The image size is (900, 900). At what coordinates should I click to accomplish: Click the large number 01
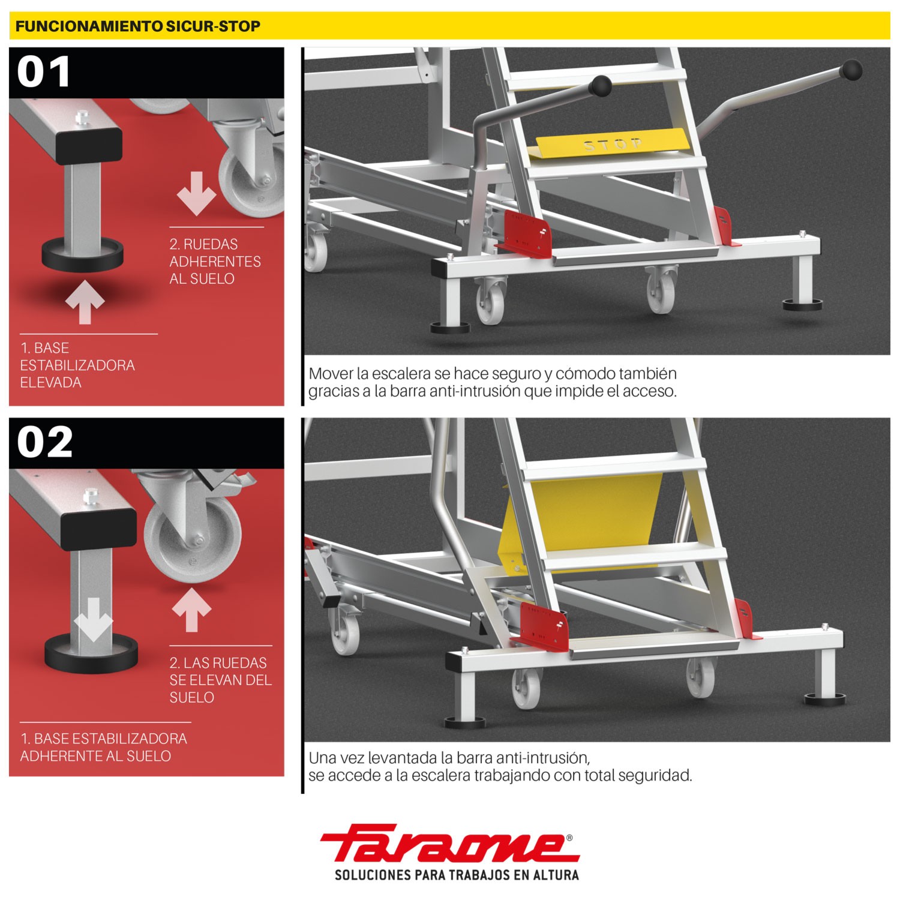click(44, 72)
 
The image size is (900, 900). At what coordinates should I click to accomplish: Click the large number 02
click(45, 442)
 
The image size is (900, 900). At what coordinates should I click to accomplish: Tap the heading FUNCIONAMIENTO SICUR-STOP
click(137, 26)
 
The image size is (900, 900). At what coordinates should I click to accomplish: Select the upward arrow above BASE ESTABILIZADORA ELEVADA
click(85, 300)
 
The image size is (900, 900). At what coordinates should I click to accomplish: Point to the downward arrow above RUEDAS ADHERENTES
click(197, 193)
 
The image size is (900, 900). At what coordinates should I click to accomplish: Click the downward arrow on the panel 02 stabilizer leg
click(94, 619)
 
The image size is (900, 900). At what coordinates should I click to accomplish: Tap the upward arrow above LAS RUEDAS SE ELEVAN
click(191, 608)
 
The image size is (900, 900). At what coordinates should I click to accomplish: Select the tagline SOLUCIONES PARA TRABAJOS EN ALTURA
click(457, 874)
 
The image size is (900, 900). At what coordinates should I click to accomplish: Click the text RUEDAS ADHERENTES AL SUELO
click(215, 261)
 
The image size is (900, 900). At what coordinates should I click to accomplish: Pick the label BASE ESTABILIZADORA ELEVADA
click(77, 365)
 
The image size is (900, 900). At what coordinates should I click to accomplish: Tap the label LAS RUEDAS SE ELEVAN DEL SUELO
click(220, 680)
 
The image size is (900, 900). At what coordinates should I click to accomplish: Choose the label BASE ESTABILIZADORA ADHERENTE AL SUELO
click(104, 747)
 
